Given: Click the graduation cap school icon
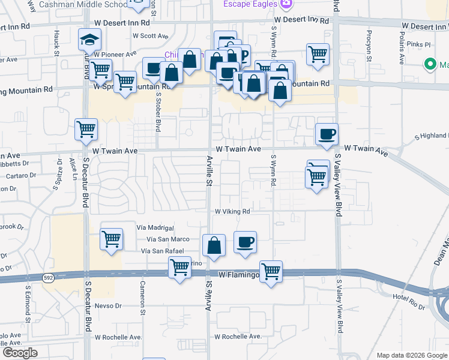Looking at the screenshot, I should click(x=89, y=40).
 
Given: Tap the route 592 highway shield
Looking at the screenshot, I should click(x=49, y=277).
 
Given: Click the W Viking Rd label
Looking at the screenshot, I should click(x=232, y=212).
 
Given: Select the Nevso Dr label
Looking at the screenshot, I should click(x=108, y=305).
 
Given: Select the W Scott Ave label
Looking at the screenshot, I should click(x=151, y=36).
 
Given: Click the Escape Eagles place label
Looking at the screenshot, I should click(x=250, y=4).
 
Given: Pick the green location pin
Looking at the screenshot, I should click(x=430, y=64).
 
